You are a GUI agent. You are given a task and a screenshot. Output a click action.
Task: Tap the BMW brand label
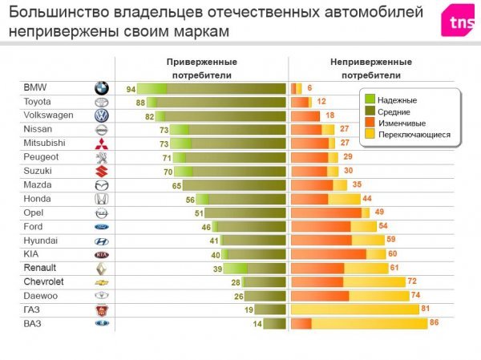pyautogui.click(x=36, y=87)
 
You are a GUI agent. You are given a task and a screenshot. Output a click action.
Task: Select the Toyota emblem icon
pyautogui.click(x=101, y=103)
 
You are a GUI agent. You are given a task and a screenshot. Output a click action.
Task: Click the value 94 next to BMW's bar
pyautogui.click(x=131, y=88)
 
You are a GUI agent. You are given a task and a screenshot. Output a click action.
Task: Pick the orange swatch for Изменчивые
pyautogui.click(x=370, y=123)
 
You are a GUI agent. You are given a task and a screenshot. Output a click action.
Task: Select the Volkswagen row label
pyautogui.click(x=48, y=115)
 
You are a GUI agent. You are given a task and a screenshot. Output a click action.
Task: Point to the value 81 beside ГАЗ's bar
pyautogui.click(x=426, y=309)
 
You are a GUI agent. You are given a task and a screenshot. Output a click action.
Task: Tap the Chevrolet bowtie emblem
pyautogui.click(x=101, y=282)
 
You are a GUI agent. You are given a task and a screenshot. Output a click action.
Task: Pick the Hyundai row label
pyautogui.click(x=40, y=241)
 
